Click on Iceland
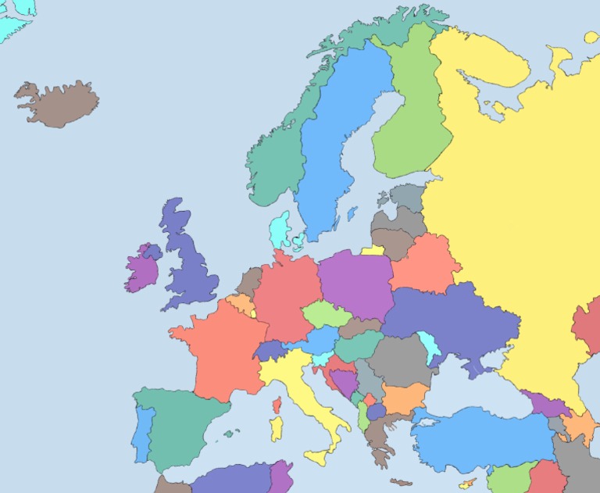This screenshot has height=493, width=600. [59, 104]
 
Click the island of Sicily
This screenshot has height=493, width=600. [319, 456]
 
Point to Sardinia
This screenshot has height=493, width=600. [276, 428]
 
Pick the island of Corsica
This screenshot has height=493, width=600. [277, 405]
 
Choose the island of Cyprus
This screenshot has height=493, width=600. [468, 484]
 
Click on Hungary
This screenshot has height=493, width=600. [359, 345]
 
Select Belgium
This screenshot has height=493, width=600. [240, 303]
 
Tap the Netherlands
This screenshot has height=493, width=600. [250, 280]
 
